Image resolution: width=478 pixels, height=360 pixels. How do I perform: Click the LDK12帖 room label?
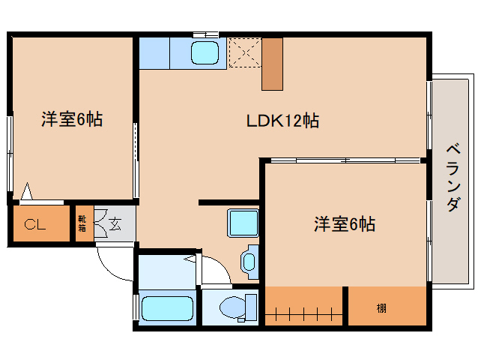pyautogui.click(x=282, y=120)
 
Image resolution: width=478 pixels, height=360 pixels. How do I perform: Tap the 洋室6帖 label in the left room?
pyautogui.click(x=72, y=118)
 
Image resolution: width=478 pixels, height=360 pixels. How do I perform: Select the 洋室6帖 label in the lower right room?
pyautogui.click(x=344, y=223)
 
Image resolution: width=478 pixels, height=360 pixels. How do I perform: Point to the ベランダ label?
pyautogui.click(x=452, y=177)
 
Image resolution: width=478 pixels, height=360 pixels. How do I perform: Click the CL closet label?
pyautogui.click(x=32, y=224)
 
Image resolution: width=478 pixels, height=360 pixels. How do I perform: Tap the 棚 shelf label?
pyautogui.click(x=382, y=307)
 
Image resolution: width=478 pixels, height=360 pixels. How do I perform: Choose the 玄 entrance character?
pyautogui.click(x=116, y=223)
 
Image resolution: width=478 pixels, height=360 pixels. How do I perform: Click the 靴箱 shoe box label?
pyautogui.click(x=82, y=223)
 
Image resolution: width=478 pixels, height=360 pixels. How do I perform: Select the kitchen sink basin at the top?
pyautogui.click(x=205, y=53)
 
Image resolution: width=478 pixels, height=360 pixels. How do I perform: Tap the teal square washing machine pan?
pyautogui.click(x=243, y=223)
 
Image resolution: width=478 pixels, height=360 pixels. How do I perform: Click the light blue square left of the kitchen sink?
pyautogui.click(x=154, y=52)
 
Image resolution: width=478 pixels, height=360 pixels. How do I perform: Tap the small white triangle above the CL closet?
pyautogui.click(x=27, y=193)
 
